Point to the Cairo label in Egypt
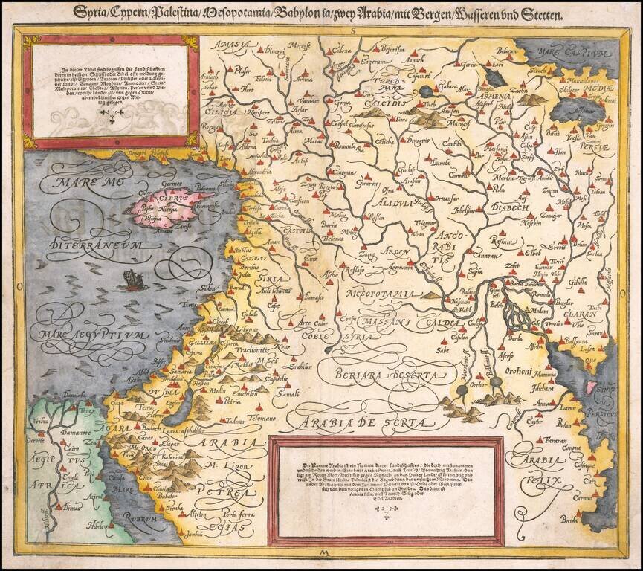[71, 451]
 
